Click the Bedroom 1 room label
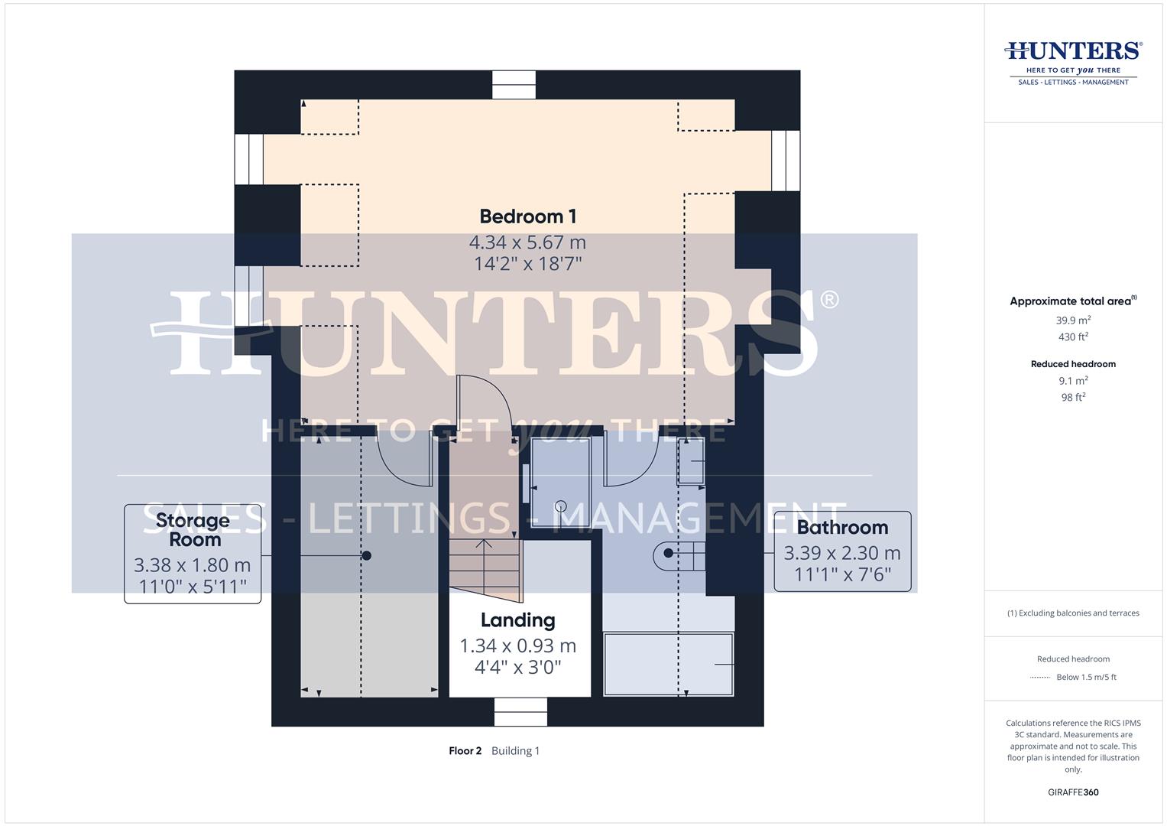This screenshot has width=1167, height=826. tap(527, 216)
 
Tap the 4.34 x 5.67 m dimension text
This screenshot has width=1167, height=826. tap(527, 242)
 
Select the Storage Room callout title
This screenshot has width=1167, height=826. tap(193, 529)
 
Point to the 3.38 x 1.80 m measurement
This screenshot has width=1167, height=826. tap(193, 565)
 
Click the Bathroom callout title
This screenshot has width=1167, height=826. tap(842, 527)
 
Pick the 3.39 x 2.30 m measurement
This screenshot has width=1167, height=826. tap(842, 553)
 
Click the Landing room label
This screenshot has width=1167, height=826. tap(517, 620)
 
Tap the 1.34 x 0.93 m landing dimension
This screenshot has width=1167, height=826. tap(517, 646)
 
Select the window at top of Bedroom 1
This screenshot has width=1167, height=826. tap(514, 85)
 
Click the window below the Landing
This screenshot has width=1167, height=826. tap(520, 711)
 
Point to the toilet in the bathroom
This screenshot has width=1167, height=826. tap(679, 556)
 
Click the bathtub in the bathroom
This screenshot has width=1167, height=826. tap(669, 664)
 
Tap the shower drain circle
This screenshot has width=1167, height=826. tap(560, 506)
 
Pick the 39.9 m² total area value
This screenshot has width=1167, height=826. tap(1073, 320)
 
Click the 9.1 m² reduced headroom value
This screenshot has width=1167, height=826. tap(1073, 380)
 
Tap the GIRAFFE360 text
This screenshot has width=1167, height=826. tap(1073, 792)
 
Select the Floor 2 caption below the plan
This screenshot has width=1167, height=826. tap(465, 751)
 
